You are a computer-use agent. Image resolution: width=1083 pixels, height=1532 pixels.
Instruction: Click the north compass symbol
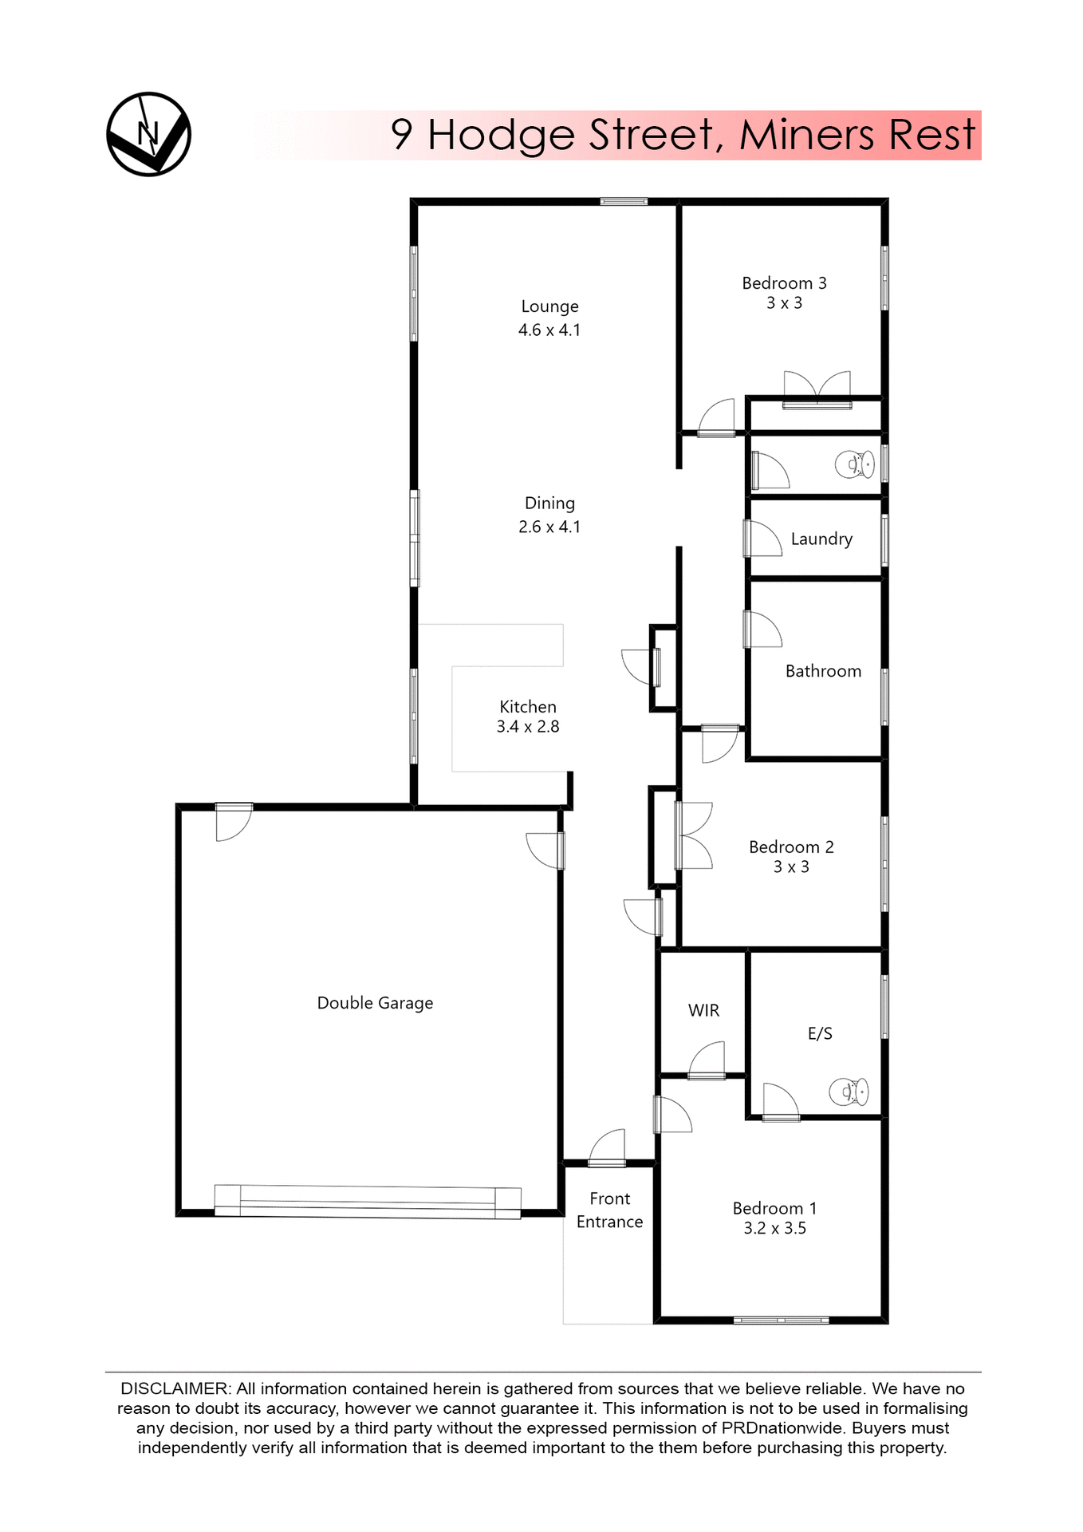(x=148, y=134)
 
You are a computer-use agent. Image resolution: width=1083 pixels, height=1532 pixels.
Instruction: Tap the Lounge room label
(x=549, y=306)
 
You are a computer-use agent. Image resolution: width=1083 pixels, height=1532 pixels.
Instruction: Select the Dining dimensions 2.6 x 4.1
(x=549, y=527)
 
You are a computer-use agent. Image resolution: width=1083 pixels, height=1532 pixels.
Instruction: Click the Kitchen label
(x=528, y=706)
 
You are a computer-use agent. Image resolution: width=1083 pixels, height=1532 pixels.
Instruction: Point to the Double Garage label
(x=375, y=1003)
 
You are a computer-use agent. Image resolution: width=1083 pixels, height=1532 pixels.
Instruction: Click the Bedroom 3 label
(x=784, y=283)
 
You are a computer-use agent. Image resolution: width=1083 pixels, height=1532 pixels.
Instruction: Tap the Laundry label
(x=821, y=539)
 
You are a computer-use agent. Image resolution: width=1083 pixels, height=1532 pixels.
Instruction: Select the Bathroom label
(x=823, y=671)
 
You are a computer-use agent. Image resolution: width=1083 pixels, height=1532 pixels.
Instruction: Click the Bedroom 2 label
(x=791, y=847)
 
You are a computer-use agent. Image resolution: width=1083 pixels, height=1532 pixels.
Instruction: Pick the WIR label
(x=703, y=1010)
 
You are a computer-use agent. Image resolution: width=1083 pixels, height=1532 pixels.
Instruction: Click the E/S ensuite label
(x=820, y=1033)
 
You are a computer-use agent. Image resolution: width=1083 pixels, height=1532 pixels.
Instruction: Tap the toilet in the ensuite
(x=849, y=1092)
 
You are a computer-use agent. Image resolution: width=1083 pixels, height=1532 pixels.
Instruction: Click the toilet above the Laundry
(x=855, y=464)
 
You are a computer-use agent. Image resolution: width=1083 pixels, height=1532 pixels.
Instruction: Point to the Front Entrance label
(x=609, y=1210)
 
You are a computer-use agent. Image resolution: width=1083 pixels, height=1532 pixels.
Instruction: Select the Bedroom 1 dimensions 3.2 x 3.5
(x=774, y=1228)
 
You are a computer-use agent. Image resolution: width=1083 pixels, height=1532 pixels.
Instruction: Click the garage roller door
(x=368, y=1201)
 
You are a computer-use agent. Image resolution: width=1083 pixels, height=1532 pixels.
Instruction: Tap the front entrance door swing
(x=608, y=1147)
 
